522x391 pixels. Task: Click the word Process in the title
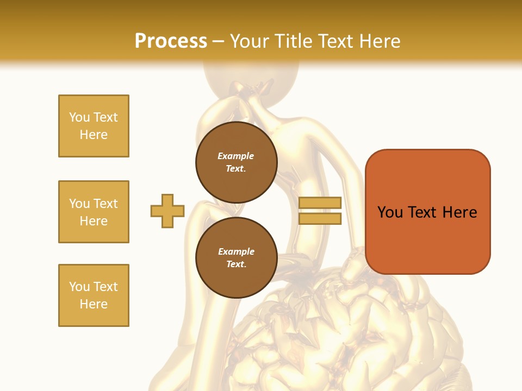point(171,41)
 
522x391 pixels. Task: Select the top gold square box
point(94,126)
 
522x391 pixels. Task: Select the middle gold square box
point(94,212)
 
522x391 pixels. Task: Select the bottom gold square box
point(94,295)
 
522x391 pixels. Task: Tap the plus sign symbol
point(167,211)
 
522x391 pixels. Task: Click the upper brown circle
point(236,162)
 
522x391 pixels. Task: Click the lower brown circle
point(236,258)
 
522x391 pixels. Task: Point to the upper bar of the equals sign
point(320,203)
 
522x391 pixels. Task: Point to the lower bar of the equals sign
point(320,219)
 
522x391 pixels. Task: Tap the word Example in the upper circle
point(235,156)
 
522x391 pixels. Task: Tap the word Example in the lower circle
point(236,251)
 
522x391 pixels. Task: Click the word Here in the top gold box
point(94,135)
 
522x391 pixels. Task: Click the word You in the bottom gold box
point(79,287)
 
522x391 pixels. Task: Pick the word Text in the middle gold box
point(105,204)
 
